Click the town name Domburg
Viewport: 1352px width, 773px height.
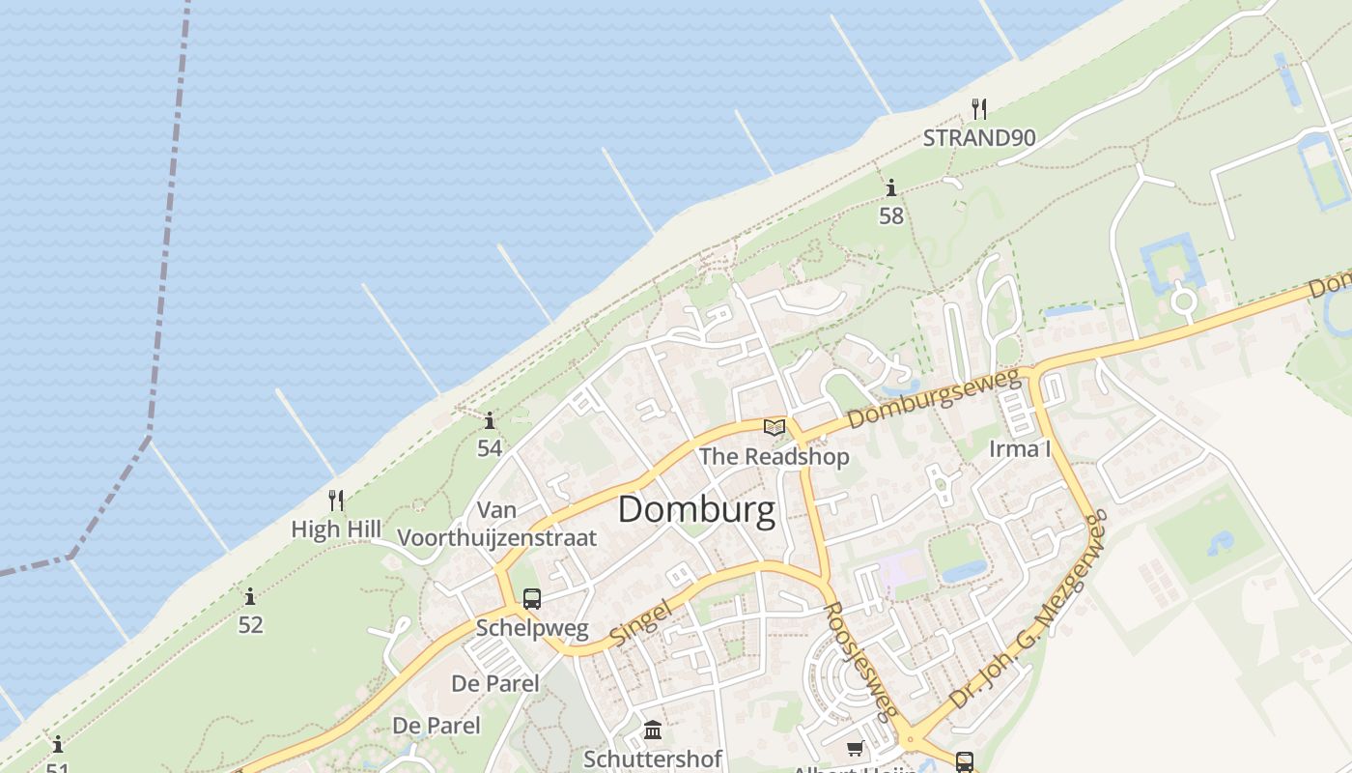(x=695, y=509)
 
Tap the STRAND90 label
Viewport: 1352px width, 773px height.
(x=978, y=138)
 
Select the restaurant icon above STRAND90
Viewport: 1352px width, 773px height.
(x=979, y=107)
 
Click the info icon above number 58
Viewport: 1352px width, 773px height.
(x=890, y=187)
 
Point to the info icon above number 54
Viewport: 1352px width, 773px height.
(x=490, y=420)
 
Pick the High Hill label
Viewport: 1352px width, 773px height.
(x=336, y=530)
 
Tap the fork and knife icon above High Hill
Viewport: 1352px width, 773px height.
(x=336, y=500)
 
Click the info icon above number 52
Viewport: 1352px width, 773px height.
(x=250, y=596)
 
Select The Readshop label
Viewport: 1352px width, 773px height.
(x=774, y=456)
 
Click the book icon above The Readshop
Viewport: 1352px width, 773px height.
(x=774, y=426)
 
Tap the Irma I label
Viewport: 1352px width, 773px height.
(x=1020, y=449)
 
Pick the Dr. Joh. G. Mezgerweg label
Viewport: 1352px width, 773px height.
(x=1029, y=613)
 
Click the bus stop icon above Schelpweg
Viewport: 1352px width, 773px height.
(x=531, y=598)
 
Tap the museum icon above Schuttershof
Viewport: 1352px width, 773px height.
(x=653, y=730)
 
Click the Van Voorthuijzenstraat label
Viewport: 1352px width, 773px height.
(x=497, y=524)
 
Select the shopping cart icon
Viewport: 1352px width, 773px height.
(x=855, y=748)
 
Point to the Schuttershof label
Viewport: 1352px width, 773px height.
(x=653, y=759)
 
